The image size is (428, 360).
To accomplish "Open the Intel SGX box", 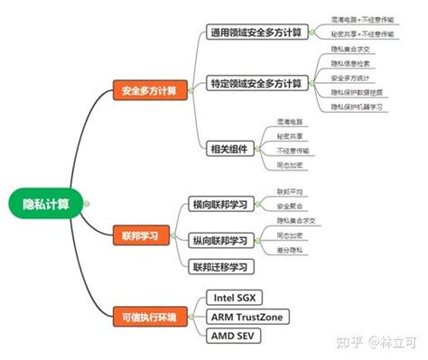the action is (x=237, y=297).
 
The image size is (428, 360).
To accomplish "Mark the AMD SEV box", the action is (x=234, y=336).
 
